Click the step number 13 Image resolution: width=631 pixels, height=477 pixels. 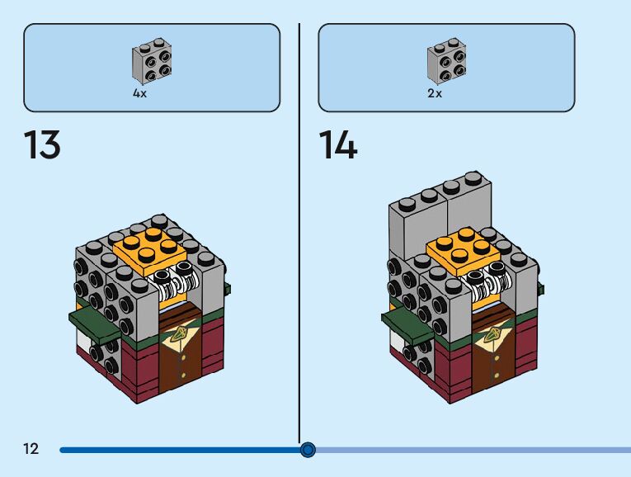click(x=42, y=146)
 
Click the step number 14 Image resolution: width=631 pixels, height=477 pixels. click(x=338, y=146)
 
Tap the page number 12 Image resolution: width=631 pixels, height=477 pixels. click(x=31, y=449)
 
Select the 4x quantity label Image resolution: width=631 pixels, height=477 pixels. click(x=140, y=94)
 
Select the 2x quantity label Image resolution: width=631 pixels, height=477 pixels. click(x=435, y=94)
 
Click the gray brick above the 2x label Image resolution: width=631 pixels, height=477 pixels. click(x=446, y=61)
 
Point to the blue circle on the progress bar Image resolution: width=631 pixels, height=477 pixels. click(x=308, y=450)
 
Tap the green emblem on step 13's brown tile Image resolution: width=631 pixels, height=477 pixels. click(x=179, y=335)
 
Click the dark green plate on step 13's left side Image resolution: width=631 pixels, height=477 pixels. click(x=92, y=323)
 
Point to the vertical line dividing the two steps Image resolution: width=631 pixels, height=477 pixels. click(x=299, y=231)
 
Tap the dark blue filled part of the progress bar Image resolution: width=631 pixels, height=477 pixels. click(x=181, y=450)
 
